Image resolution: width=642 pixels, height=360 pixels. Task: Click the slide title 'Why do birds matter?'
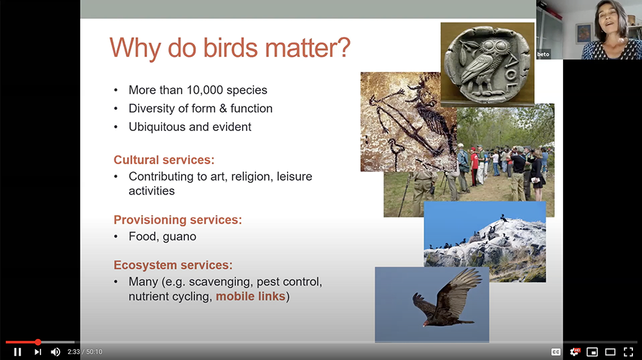pos(229,49)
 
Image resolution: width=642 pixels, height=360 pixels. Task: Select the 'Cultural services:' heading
pos(164,160)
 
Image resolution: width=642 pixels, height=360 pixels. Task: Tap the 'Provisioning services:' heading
pos(177,220)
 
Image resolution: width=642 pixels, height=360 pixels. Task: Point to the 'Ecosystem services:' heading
pos(173,265)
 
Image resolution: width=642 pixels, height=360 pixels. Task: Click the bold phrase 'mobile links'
pos(250,296)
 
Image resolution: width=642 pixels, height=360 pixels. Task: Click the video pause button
pos(17,352)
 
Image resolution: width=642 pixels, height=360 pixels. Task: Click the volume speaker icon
pos(55,352)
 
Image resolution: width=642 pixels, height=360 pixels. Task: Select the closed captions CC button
pos(556,352)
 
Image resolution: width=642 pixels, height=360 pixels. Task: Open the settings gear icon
pos(575,352)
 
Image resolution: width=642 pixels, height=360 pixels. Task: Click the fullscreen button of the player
pos(628,352)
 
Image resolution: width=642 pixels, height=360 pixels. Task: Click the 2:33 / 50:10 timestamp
pos(85,352)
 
